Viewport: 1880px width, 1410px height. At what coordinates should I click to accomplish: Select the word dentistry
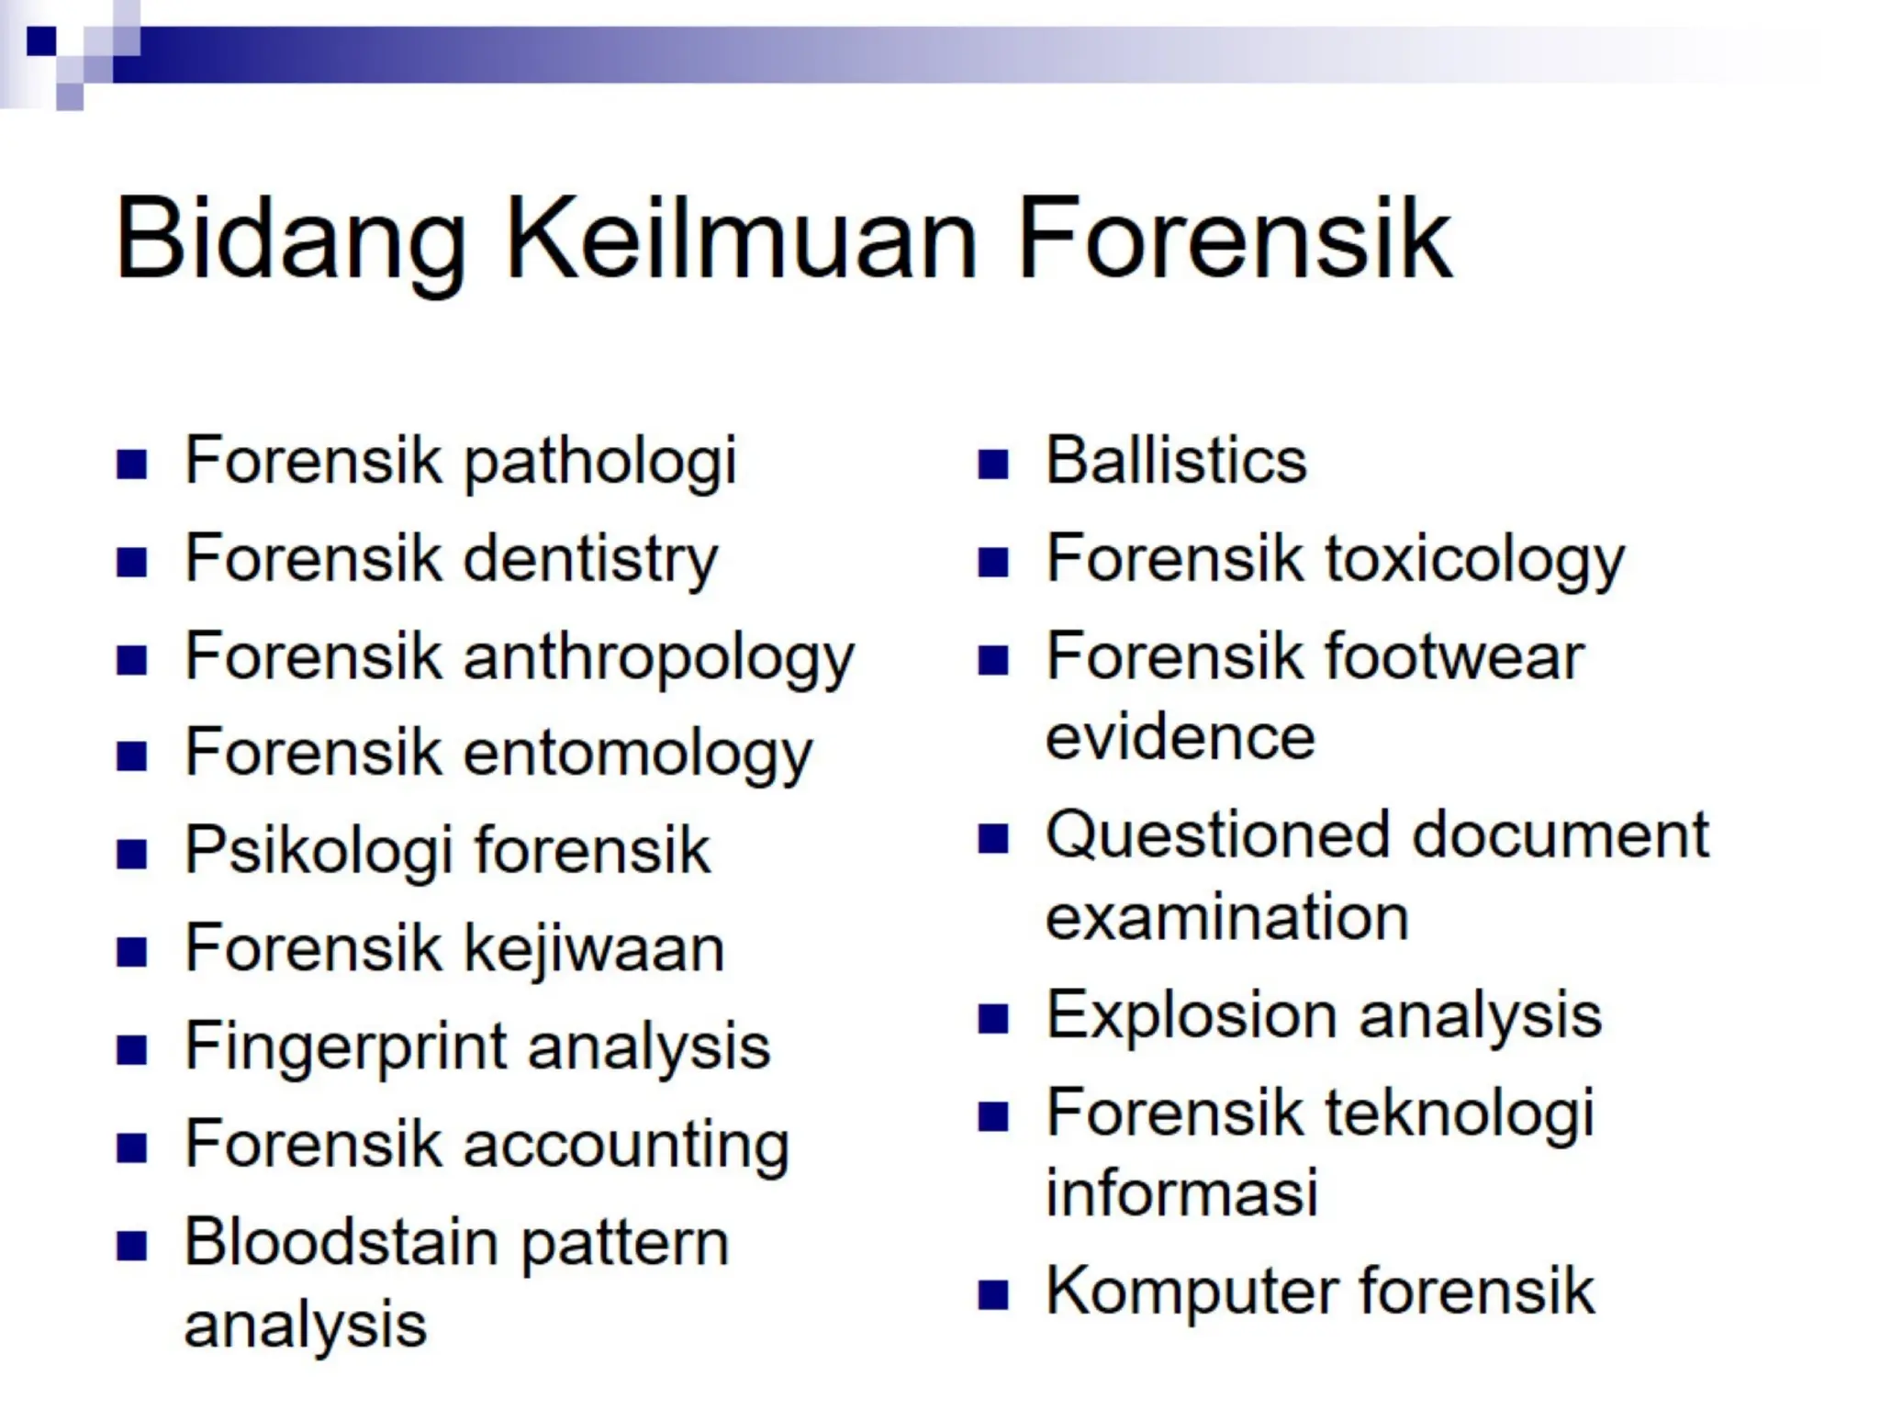[x=590, y=560]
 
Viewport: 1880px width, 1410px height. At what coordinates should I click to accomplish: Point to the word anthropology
[x=659, y=659]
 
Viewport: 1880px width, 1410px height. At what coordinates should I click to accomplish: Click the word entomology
[x=638, y=755]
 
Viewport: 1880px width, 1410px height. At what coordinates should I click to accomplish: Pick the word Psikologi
[x=319, y=852]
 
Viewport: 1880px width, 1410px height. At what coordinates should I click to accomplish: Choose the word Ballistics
[x=1176, y=460]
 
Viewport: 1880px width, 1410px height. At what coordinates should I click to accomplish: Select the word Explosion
[x=1192, y=1015]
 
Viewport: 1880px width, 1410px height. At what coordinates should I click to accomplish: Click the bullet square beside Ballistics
[x=993, y=464]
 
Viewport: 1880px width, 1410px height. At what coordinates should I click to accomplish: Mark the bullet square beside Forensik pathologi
[x=132, y=464]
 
